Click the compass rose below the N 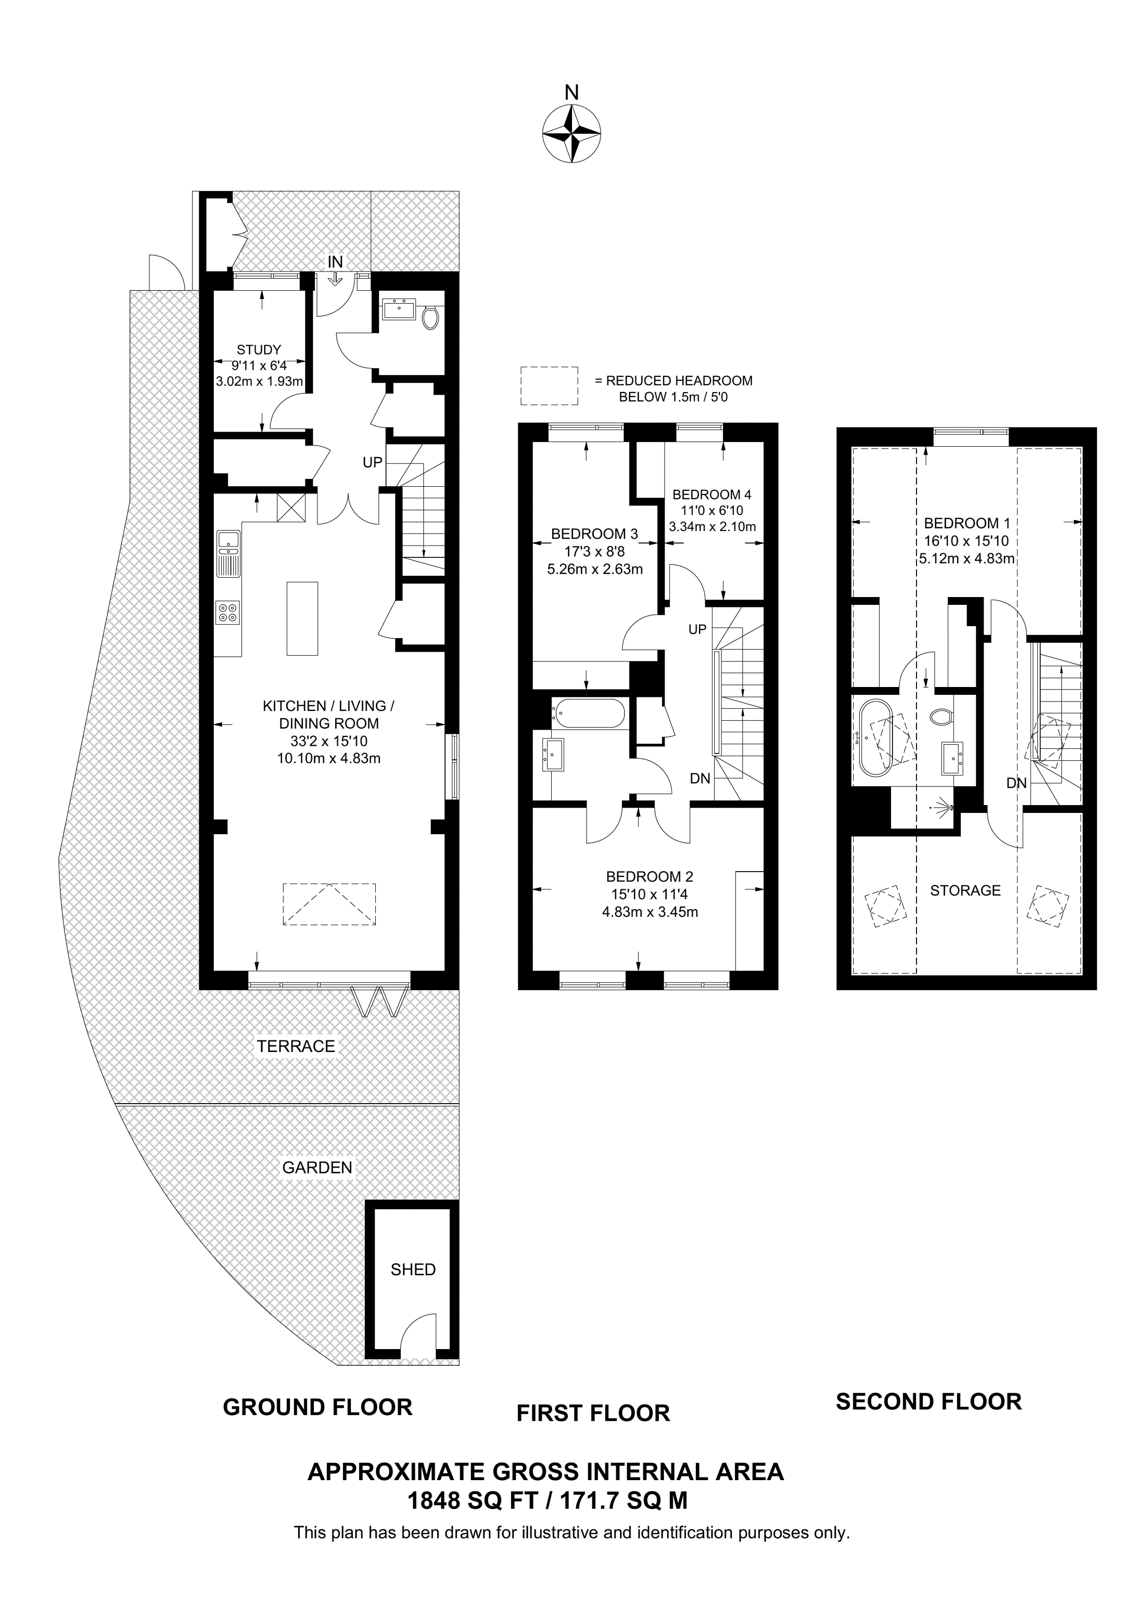[571, 133]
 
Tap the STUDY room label [259, 349]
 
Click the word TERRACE [296, 1046]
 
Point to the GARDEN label [317, 1167]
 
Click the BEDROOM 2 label [649, 876]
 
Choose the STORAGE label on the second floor [965, 890]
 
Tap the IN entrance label [335, 262]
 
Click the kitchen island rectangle [302, 618]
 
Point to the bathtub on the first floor [590, 713]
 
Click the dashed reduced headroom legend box [549, 386]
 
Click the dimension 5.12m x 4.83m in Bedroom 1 [966, 559]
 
